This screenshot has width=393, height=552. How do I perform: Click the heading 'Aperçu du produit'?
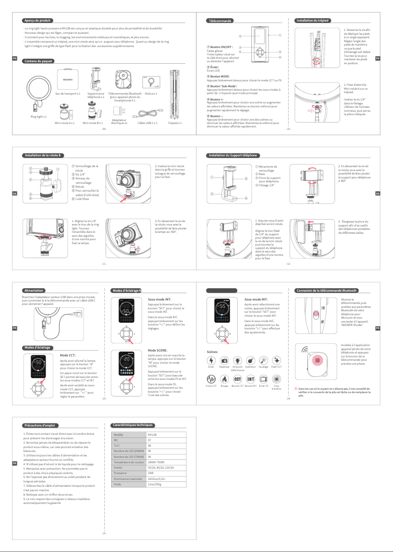pyautogui.click(x=38, y=21)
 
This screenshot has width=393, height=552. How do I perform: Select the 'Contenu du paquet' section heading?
pyautogui.click(x=39, y=61)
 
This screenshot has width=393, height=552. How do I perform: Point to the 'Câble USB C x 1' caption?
pyautogui.click(x=147, y=123)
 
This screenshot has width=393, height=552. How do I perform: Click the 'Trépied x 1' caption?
pyautogui.click(x=174, y=123)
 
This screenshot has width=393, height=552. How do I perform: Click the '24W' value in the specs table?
pyautogui.click(x=151, y=473)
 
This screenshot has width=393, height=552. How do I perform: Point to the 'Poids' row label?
pyautogui.click(x=118, y=484)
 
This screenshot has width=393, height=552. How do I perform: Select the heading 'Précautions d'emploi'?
pyautogui.click(x=42, y=425)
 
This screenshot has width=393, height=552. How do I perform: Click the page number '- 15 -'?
pyautogui.click(x=104, y=533)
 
